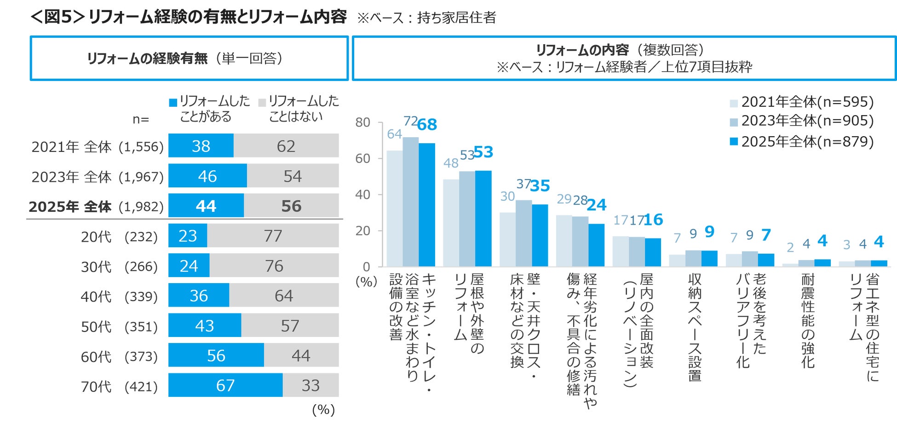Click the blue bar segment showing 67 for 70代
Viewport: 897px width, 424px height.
[x=225, y=385]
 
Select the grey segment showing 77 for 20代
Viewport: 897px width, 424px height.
[x=273, y=236]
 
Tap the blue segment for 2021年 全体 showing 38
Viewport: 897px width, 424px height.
[x=201, y=146]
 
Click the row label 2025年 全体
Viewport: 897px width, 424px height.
[x=70, y=207]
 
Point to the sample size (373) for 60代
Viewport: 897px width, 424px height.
[x=141, y=356]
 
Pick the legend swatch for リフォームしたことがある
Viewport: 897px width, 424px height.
[x=173, y=103]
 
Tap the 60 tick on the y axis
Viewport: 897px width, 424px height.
[x=362, y=158]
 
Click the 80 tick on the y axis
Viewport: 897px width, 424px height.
[x=362, y=122]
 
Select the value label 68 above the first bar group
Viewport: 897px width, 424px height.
[x=427, y=125]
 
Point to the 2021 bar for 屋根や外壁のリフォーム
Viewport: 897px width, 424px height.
[x=451, y=223]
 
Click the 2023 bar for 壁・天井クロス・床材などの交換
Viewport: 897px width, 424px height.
[x=523, y=233]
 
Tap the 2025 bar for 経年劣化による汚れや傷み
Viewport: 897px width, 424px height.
[x=596, y=245]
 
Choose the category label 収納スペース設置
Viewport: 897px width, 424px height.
[x=695, y=327]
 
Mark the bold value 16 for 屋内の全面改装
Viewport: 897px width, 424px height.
[x=653, y=220]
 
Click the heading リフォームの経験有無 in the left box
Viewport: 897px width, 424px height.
[x=147, y=58]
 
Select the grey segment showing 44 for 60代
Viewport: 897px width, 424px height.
[x=301, y=355]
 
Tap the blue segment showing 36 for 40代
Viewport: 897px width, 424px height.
[x=199, y=296]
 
